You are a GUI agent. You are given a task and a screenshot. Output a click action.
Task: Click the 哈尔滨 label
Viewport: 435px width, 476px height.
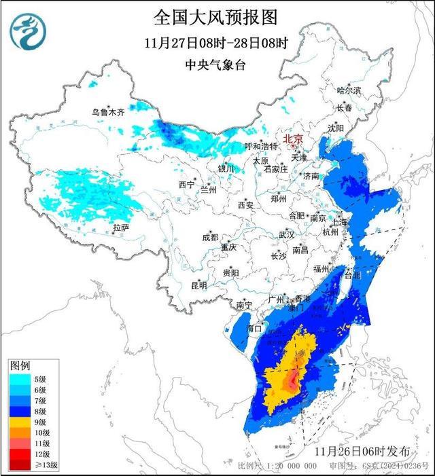coord(349,90)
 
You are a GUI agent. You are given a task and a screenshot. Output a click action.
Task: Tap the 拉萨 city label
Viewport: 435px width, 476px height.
coord(120,227)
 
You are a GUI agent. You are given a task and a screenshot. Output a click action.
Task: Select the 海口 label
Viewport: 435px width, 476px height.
coord(254,329)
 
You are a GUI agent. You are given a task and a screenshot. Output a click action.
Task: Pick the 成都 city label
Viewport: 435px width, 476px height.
coord(210,237)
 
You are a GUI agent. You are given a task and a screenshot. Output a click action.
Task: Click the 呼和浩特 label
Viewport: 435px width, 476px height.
coord(261,146)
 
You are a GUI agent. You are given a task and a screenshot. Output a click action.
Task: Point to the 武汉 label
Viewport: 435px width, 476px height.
coord(286,234)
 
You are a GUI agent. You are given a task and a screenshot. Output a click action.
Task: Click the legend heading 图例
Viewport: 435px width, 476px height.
coord(20,366)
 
